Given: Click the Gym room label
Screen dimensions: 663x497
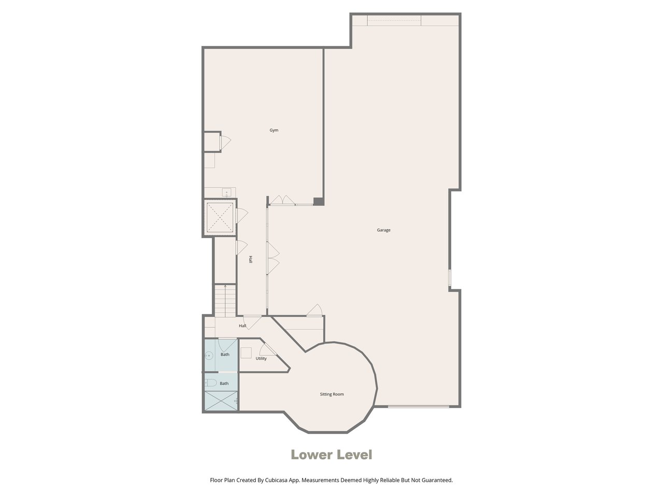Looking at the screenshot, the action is [273, 130].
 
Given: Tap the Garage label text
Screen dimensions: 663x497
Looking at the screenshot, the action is [383, 230].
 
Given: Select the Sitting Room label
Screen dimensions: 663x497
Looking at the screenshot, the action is [331, 394].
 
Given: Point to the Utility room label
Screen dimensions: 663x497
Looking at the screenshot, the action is [261, 358].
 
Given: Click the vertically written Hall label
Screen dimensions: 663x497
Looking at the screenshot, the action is [250, 259].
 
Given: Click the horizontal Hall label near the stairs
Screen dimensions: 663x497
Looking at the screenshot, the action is [242, 326].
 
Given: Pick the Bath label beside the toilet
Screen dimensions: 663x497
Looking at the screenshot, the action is [224, 384].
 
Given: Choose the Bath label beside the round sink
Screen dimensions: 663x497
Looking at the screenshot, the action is [225, 354].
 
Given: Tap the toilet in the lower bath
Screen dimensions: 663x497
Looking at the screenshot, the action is [210, 383].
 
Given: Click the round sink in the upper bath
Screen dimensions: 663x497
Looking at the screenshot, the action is [209, 356].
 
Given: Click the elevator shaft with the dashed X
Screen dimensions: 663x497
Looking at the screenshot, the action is [220, 217].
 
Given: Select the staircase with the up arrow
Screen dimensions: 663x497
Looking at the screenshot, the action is [225, 301].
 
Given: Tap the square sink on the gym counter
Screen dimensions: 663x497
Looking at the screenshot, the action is [226, 192].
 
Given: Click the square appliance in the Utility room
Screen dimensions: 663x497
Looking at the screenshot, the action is [246, 353].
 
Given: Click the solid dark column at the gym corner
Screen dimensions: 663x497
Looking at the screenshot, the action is [318, 201].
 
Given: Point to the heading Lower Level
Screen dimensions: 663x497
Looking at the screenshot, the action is [331, 455].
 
